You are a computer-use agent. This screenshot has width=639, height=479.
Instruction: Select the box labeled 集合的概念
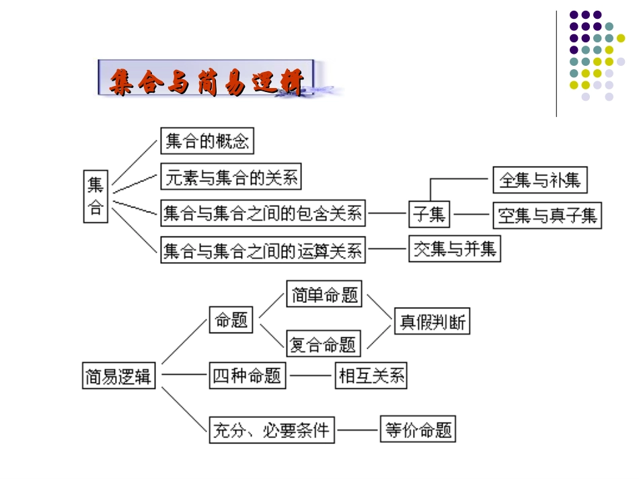point(207,141)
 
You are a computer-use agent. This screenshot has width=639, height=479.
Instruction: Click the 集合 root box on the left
point(96,196)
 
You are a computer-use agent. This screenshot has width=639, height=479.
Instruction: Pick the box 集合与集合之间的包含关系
point(263,214)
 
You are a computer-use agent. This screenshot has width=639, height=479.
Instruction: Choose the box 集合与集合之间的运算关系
point(263,251)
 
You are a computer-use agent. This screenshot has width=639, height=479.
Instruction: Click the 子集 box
point(429,214)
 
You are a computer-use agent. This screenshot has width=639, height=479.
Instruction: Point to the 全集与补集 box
point(540,180)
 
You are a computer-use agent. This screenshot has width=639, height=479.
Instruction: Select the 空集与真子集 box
point(547,216)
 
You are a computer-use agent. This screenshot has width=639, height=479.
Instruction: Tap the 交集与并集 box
point(455,249)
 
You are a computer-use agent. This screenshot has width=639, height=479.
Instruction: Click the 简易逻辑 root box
point(118,376)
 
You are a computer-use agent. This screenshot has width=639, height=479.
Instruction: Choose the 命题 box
point(231,320)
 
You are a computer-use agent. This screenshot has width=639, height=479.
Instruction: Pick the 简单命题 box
point(324,294)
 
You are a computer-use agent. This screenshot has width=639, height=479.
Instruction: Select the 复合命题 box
point(324,344)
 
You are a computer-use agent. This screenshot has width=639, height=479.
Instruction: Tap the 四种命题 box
point(247,376)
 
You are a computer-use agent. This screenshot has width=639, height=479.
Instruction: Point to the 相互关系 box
point(371,376)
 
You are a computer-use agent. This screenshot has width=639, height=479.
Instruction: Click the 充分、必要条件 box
point(272,429)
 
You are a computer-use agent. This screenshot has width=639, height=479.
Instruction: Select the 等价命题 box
point(418,429)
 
